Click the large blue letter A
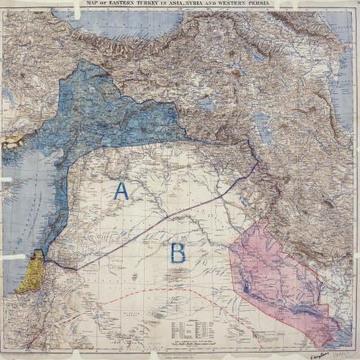pyautogui.click(x=121, y=191)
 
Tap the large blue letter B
pyautogui.click(x=177, y=252)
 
